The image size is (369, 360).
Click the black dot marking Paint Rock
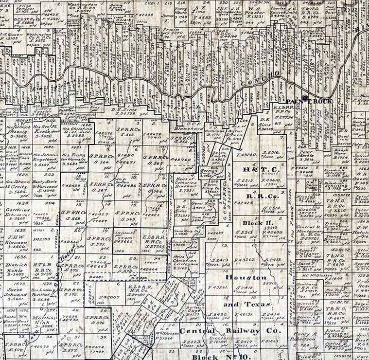pos(305,98)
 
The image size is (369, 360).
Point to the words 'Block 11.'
pos(256,223)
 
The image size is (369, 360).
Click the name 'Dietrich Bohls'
pos(17,268)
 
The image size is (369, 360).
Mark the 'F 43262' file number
pos(244,260)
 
